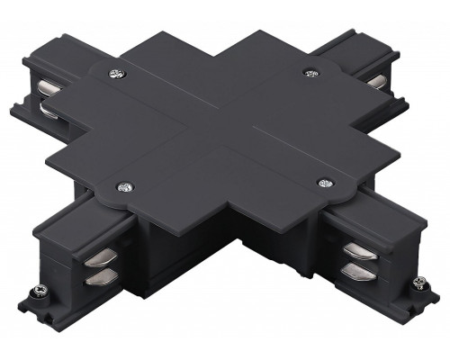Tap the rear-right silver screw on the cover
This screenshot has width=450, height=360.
pos(310,72)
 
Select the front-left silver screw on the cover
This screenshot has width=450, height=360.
pos(121,187)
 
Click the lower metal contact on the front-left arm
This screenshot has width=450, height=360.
pos(96,281)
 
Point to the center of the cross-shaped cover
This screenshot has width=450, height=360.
pos(220,126)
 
